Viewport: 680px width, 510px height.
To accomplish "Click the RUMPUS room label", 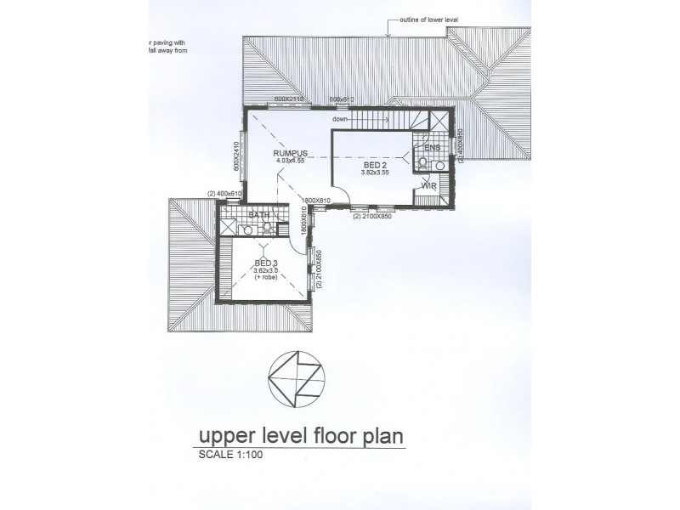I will (x=290, y=153).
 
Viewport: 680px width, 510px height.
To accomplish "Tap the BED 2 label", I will (x=375, y=166).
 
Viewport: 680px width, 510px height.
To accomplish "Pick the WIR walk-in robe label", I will (x=428, y=184).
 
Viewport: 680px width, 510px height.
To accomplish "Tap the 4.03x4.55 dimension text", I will (x=290, y=161).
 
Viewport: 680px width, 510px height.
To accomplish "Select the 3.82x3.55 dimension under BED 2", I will (x=374, y=173).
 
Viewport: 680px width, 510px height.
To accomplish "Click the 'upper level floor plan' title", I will (x=300, y=437).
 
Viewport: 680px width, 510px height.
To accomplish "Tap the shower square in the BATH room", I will (x=228, y=227).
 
